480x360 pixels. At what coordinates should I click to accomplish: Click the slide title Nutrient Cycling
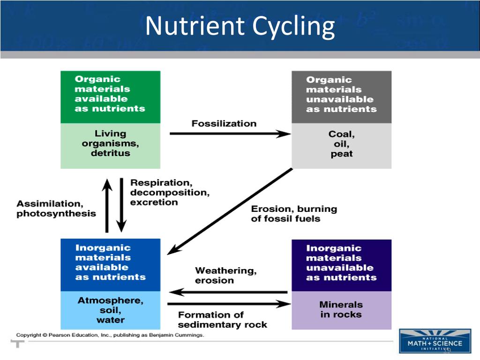[x=240, y=26]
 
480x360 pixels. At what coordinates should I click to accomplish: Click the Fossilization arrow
[x=230, y=134]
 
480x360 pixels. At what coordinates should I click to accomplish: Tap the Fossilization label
[x=224, y=124]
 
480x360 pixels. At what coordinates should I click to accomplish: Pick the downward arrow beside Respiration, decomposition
[x=121, y=205]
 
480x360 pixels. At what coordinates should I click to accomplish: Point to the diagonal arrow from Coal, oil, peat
[x=230, y=211]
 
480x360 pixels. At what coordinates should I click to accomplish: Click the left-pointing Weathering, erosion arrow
[x=228, y=292]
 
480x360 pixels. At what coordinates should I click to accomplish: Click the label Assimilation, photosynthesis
[x=56, y=209]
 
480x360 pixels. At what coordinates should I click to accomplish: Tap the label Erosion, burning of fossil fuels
[x=294, y=214]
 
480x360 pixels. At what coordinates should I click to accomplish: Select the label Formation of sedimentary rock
[x=223, y=320]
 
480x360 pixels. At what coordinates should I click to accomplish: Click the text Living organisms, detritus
[x=111, y=143]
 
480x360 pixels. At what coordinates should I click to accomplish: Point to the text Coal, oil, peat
[x=341, y=144]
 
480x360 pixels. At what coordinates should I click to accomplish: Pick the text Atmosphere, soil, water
[x=111, y=310]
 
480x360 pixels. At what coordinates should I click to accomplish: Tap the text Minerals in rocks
[x=341, y=309]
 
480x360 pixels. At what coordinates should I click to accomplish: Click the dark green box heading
[x=111, y=94]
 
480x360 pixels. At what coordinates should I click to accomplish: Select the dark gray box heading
[x=341, y=95]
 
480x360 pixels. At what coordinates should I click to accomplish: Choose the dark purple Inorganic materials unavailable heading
[x=341, y=263]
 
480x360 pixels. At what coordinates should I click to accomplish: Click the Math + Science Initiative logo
[x=435, y=341]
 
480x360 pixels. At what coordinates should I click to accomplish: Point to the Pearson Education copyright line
[x=110, y=335]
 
